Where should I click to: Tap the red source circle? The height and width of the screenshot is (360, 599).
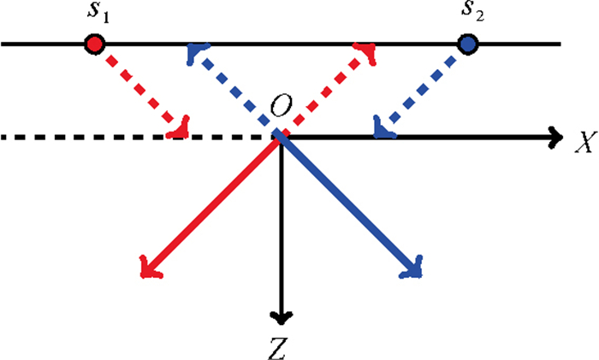click(95, 43)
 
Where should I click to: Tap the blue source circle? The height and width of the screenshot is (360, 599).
click(467, 43)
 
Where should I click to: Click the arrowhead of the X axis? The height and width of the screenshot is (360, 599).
click(557, 135)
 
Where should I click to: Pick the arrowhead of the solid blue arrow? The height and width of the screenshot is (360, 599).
click(413, 271)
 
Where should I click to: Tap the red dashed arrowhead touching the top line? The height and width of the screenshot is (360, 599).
click(367, 52)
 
